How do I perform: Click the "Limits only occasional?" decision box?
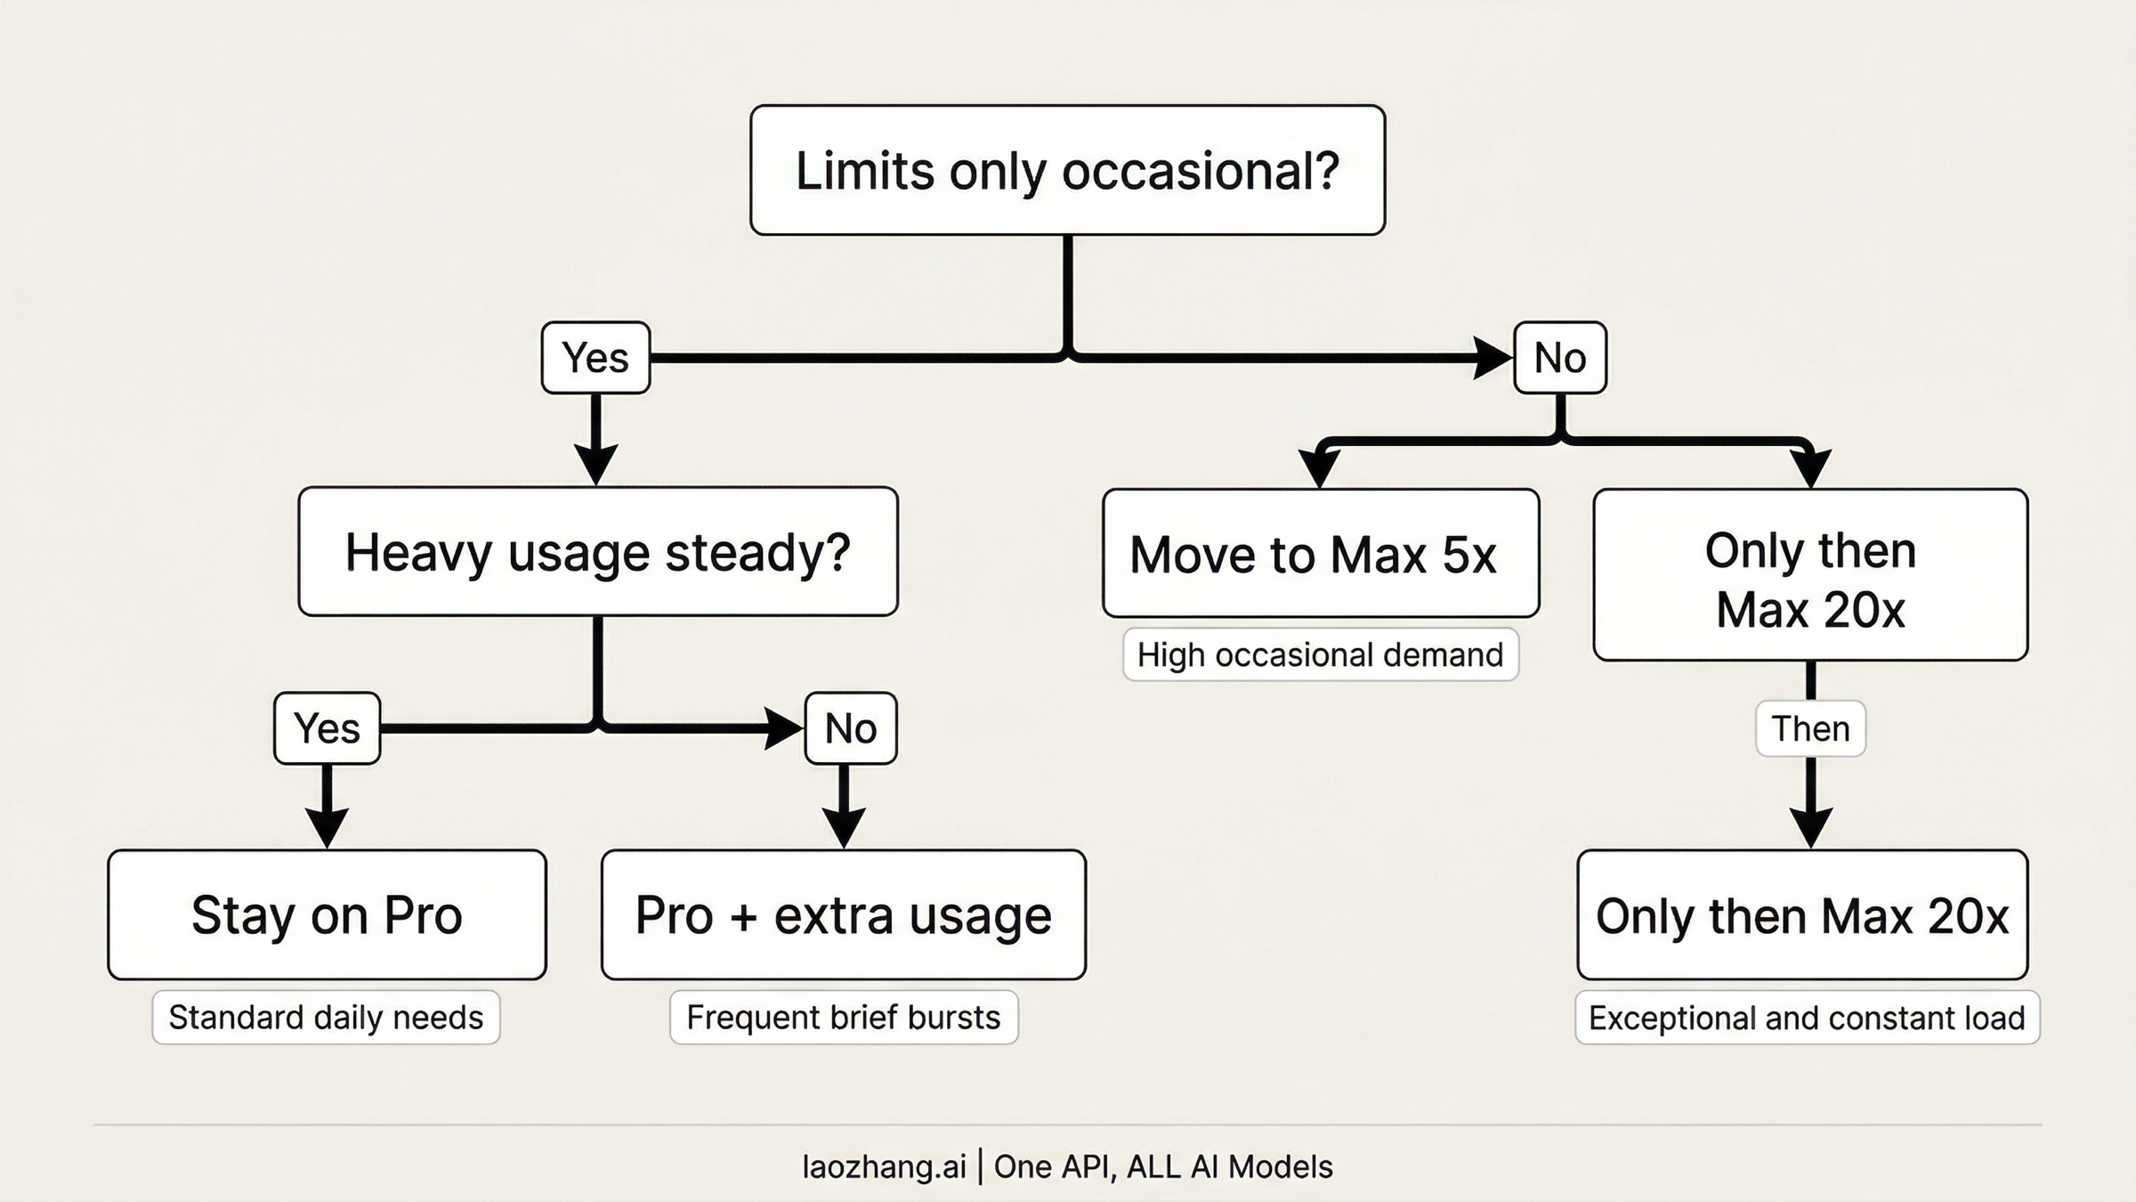[x=1067, y=170]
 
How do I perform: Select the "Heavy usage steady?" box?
[x=598, y=551]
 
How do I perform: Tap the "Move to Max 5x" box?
[x=1321, y=553]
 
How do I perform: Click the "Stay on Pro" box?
[x=327, y=914]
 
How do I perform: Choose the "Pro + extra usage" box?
[x=843, y=914]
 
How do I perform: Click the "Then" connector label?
[x=1810, y=728]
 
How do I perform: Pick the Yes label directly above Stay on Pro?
[x=327, y=728]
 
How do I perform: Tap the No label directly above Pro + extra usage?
[x=851, y=728]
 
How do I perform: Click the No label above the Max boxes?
[x=1560, y=358]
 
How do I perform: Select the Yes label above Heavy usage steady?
[x=595, y=358]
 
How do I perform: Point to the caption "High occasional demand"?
[x=1321, y=654]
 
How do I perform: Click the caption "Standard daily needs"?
[x=326, y=1017]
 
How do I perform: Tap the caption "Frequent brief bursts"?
[x=844, y=1017]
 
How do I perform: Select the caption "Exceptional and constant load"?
[x=1807, y=1017]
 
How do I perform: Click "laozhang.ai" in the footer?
[x=884, y=1166]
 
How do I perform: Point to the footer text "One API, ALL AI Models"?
[x=1163, y=1166]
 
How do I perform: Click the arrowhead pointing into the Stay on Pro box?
[x=327, y=828]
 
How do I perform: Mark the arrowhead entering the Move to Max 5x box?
[x=1320, y=467]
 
